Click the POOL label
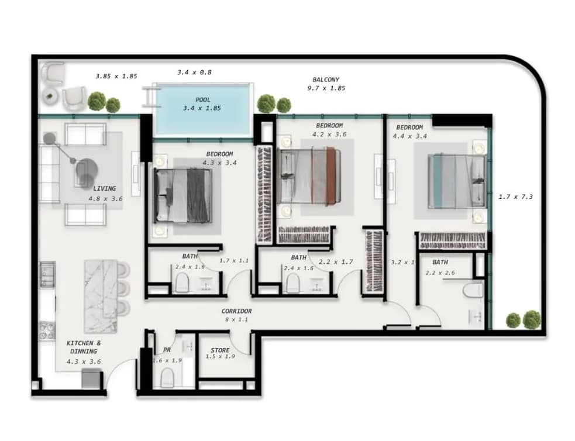pyautogui.click(x=203, y=99)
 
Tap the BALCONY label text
pyautogui.click(x=326, y=80)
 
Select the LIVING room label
pyautogui.click(x=104, y=188)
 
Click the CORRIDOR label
pyautogui.click(x=236, y=311)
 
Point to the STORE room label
pyautogui.click(x=220, y=350)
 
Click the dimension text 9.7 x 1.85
pyautogui.click(x=326, y=88)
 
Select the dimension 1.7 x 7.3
pyautogui.click(x=515, y=197)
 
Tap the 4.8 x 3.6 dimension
pyautogui.click(x=106, y=199)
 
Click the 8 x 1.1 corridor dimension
pyautogui.click(x=236, y=320)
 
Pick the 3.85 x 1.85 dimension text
pyautogui.click(x=116, y=76)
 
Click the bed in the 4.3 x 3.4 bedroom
pyautogui.click(x=183, y=196)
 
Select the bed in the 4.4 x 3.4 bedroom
pyautogui.click(x=457, y=181)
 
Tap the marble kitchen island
pyautogui.click(x=101, y=296)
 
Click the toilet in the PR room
pyautogui.click(x=167, y=378)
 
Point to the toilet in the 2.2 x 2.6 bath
pyautogui.click(x=473, y=290)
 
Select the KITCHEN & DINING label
pyautogui.click(x=84, y=347)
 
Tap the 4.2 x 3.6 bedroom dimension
pyautogui.click(x=329, y=135)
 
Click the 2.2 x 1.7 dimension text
pyautogui.click(x=336, y=262)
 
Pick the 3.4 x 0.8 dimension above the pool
pyautogui.click(x=194, y=73)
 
